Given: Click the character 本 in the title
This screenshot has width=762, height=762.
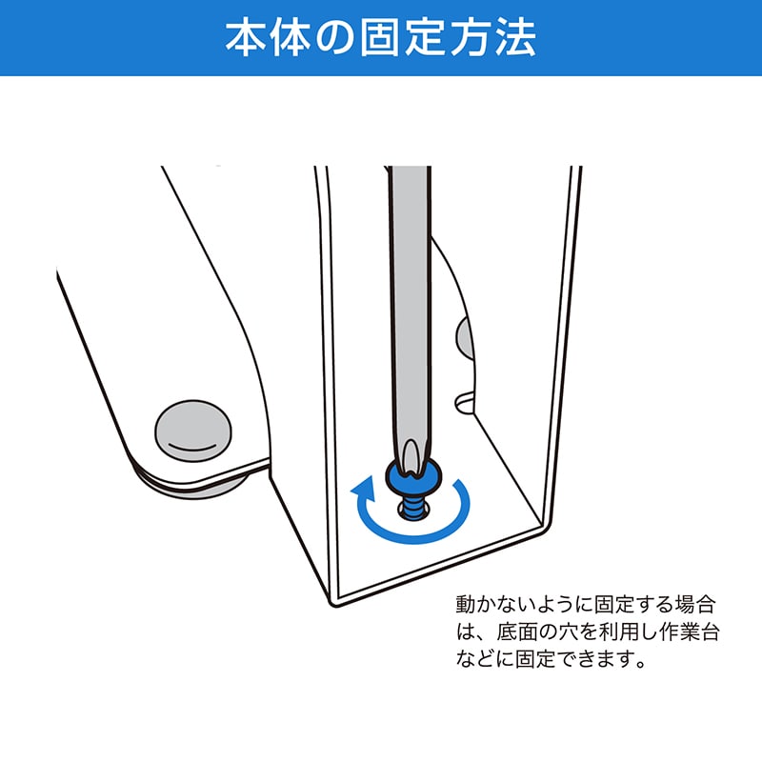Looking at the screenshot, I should tap(246, 38).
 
